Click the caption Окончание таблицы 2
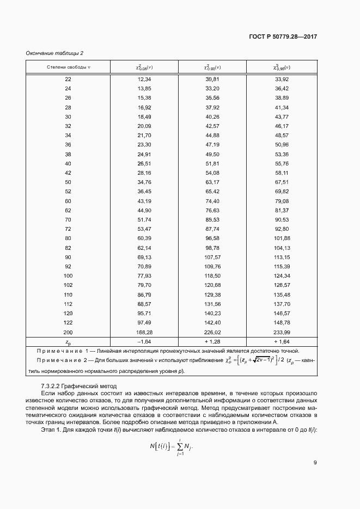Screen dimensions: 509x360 (x=54, y=53)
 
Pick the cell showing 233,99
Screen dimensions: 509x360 (x=282, y=332)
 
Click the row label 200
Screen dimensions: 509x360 (x=68, y=332)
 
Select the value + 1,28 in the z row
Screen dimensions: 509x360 (x=212, y=341)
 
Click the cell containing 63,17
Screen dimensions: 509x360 (x=212, y=182)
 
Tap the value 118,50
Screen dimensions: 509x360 (x=212, y=276)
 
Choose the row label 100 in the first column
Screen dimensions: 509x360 (x=68, y=276)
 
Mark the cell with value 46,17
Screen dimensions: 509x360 (x=282, y=126)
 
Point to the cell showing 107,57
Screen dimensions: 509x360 (x=212, y=257)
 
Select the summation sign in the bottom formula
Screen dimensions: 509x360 (x=179, y=446)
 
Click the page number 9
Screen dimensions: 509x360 (x=315, y=463)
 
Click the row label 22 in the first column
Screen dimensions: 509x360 (x=68, y=79)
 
